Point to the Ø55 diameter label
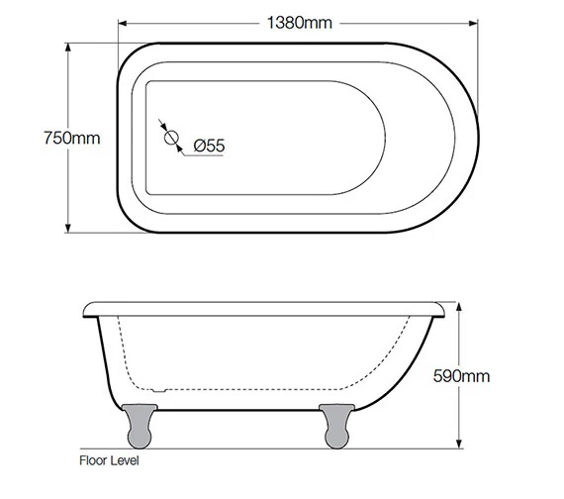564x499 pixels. (x=209, y=146)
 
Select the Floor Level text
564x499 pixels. (x=109, y=461)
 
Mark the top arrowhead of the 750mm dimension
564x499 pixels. (x=69, y=48)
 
